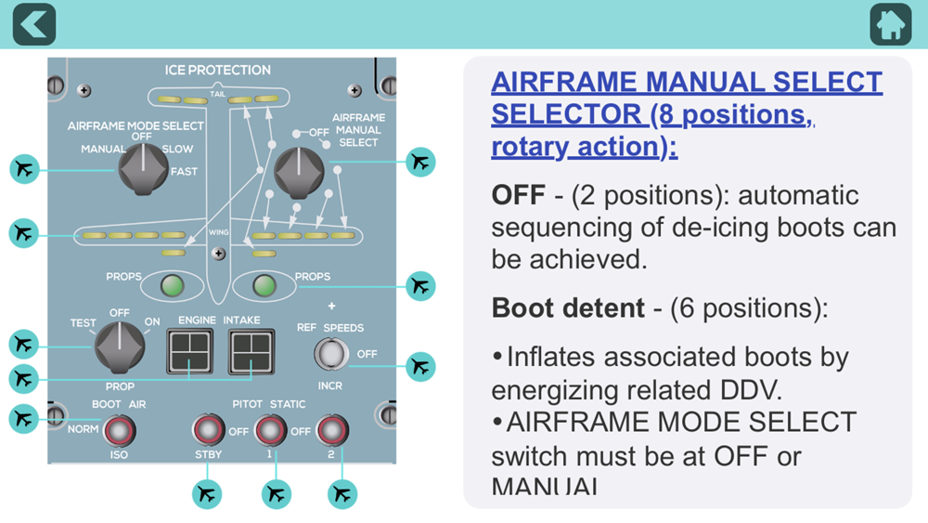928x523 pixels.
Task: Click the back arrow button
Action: [x=34, y=24]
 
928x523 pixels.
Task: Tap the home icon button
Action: [x=891, y=24]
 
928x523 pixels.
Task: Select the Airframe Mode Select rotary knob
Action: [x=142, y=170]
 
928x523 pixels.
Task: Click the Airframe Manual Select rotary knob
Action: [x=300, y=172]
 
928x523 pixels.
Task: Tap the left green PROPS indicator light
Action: [x=171, y=285]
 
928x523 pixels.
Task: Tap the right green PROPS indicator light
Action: [x=264, y=285]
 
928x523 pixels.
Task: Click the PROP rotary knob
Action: [x=120, y=349]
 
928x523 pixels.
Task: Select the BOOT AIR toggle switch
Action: [x=119, y=430]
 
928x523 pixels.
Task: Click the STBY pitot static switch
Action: [x=208, y=430]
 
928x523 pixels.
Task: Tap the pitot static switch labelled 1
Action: [x=270, y=430]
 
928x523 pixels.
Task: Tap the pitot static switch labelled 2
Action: [x=331, y=430]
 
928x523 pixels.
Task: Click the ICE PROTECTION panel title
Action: [x=217, y=70]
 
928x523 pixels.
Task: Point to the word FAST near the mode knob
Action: [x=183, y=171]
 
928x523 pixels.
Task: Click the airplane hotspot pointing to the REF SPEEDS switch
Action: [x=421, y=366]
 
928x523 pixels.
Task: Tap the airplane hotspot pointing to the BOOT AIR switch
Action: [x=24, y=419]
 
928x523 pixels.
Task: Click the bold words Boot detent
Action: [x=569, y=308]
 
